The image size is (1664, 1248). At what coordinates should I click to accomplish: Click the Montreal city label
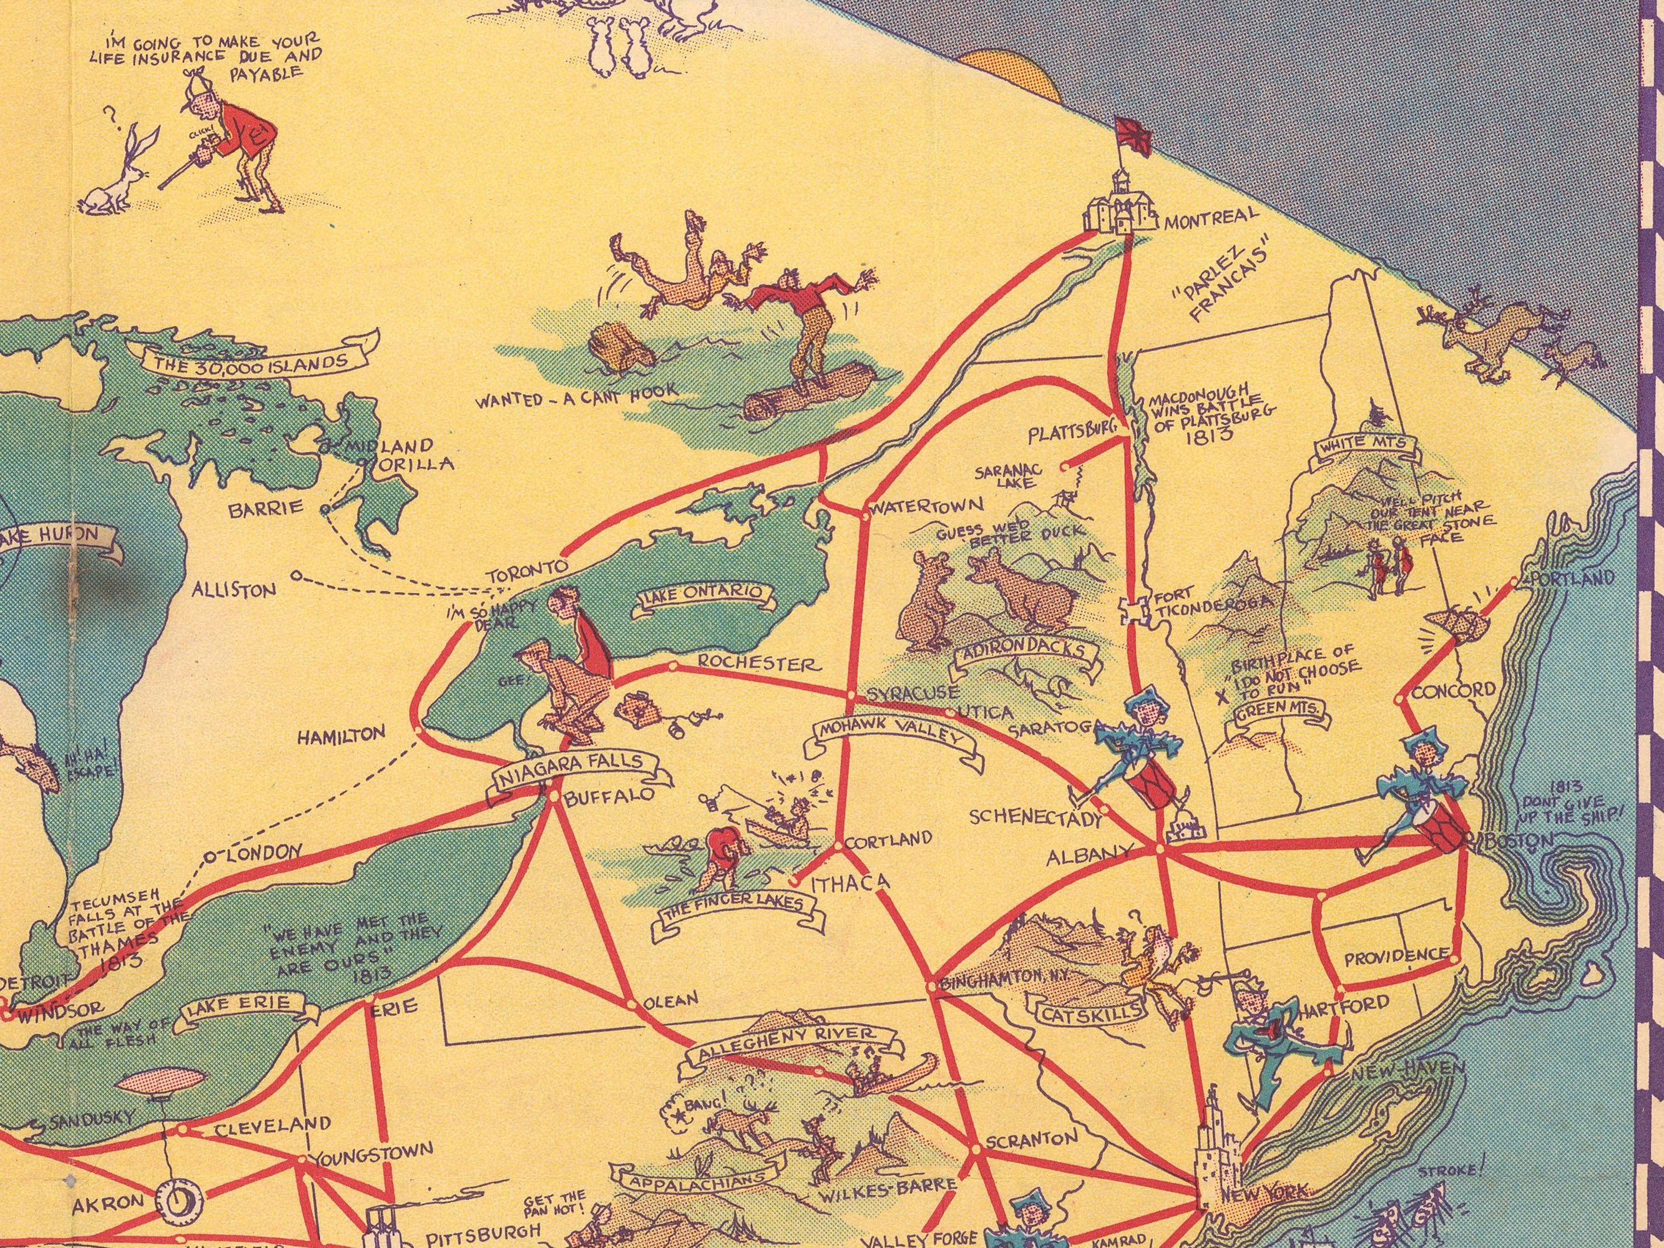click(1211, 219)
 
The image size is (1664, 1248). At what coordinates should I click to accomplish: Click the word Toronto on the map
click(526, 570)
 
